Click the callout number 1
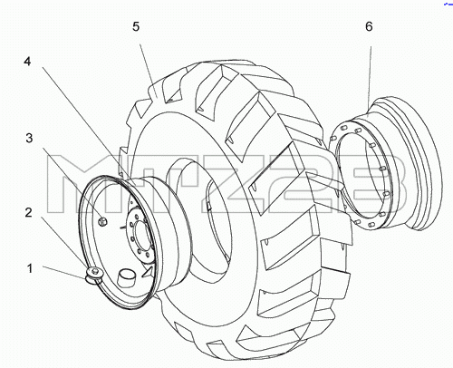pyautogui.click(x=30, y=268)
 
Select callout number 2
pyautogui.click(x=28, y=213)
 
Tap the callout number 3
pyautogui.click(x=29, y=139)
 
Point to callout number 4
pyautogui.click(x=27, y=62)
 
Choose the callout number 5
pyautogui.click(x=136, y=26)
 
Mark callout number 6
pyautogui.click(x=369, y=26)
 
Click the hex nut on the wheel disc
pyautogui.click(x=103, y=221)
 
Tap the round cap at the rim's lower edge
pyautogui.click(x=93, y=275)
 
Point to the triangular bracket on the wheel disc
pyautogui.click(x=148, y=271)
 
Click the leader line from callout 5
pyautogui.click(x=148, y=67)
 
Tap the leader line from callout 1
pyautogui.click(x=64, y=273)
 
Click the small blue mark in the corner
pyautogui.click(x=448, y=4)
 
